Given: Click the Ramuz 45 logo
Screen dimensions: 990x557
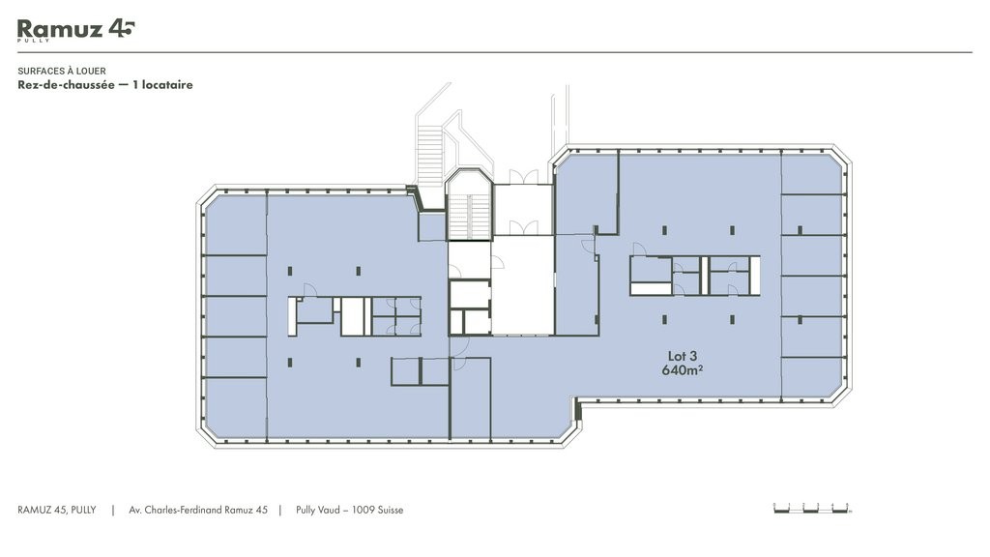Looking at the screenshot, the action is pyautogui.click(x=75, y=30).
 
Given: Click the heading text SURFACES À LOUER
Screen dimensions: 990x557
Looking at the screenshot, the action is pyautogui.click(x=62, y=72).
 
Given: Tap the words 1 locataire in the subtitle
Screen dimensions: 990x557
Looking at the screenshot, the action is pyautogui.click(x=162, y=85).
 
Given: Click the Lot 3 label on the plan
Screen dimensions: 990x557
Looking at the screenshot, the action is pyautogui.click(x=683, y=357).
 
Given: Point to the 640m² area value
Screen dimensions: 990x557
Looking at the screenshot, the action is pyautogui.click(x=683, y=370).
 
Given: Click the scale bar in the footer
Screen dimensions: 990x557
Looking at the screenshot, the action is pyautogui.click(x=812, y=508).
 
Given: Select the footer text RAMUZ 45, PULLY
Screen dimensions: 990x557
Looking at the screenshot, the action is pyautogui.click(x=57, y=511).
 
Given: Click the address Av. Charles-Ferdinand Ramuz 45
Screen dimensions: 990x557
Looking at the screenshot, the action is pyautogui.click(x=198, y=511).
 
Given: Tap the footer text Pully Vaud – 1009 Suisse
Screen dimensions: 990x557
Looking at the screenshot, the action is pyautogui.click(x=350, y=511).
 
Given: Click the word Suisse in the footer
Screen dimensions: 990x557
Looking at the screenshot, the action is pyautogui.click(x=391, y=511).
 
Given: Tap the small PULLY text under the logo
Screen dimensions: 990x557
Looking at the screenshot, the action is pyautogui.click(x=34, y=41).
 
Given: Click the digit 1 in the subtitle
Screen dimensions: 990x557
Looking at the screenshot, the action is pyautogui.click(x=135, y=85).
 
